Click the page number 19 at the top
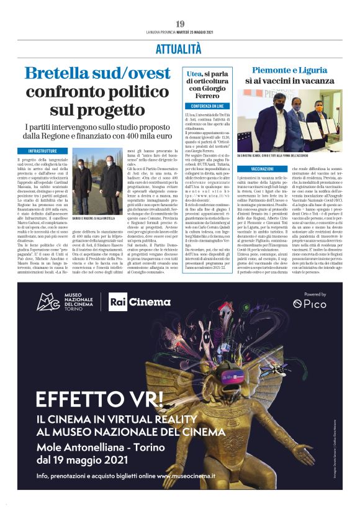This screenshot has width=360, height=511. point(180,24)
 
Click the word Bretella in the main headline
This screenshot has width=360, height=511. point(57,73)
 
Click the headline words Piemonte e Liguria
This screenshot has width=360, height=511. point(286,70)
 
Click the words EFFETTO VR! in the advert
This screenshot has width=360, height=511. point(100,398)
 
